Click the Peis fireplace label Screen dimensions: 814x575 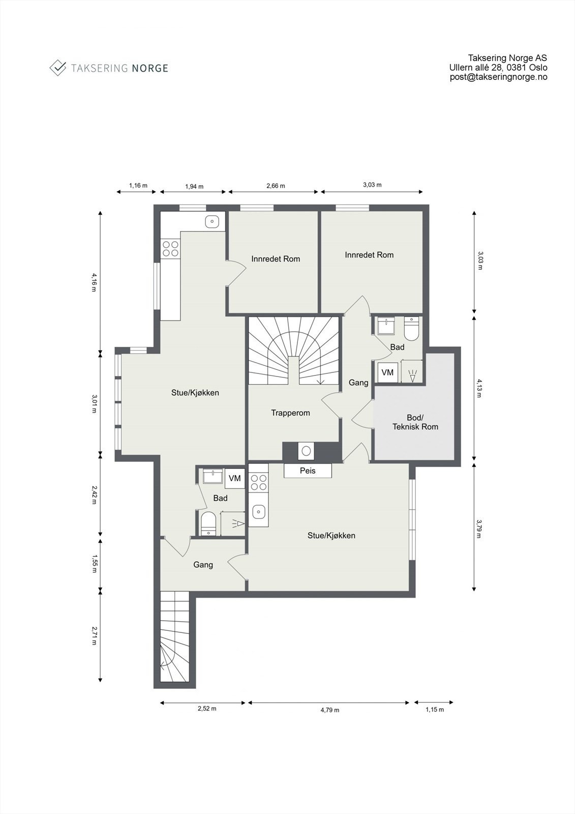pyautogui.click(x=308, y=471)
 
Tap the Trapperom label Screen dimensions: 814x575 pyautogui.click(x=290, y=413)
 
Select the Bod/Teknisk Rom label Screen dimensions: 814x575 pyautogui.click(x=415, y=422)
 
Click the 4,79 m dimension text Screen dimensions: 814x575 pyautogui.click(x=329, y=710)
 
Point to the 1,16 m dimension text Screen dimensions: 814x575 pyautogui.click(x=138, y=186)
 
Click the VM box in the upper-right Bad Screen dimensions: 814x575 pyautogui.click(x=387, y=372)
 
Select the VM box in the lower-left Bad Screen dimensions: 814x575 pyautogui.click(x=234, y=478)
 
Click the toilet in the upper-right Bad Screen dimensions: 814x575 pyautogui.click(x=411, y=330)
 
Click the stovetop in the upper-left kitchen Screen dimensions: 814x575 pyautogui.click(x=170, y=248)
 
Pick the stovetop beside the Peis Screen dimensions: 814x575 pyautogui.click(x=259, y=482)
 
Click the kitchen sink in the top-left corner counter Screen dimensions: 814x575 pyautogui.click(x=213, y=221)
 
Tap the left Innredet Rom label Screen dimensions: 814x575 pyautogui.click(x=276, y=259)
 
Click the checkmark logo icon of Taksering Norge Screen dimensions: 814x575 pyautogui.click(x=58, y=68)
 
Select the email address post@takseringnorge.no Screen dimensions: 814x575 pyautogui.click(x=498, y=77)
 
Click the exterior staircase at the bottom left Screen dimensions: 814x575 pyautogui.click(x=174, y=638)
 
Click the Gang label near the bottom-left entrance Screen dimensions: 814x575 pyautogui.click(x=203, y=565)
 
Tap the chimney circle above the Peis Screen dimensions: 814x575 pyautogui.click(x=306, y=451)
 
